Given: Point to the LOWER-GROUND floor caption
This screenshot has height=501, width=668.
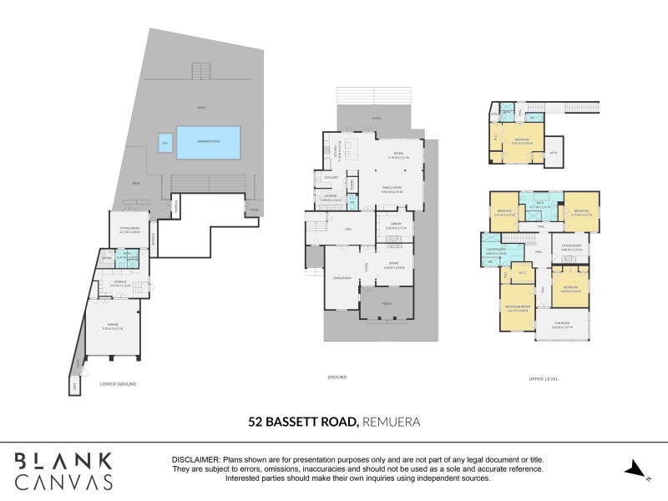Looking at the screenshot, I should [x=117, y=383].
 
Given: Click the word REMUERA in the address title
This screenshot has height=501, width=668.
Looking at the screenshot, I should [x=391, y=422].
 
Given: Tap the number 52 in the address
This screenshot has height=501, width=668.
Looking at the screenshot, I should [x=256, y=422].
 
